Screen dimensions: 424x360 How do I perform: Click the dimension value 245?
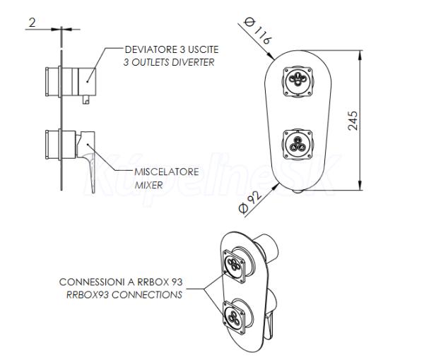353,121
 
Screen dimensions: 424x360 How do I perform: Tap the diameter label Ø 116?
257,30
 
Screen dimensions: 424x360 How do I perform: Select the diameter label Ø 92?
250,203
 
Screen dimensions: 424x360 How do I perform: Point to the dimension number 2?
32,23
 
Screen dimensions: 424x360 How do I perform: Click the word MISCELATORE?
167,172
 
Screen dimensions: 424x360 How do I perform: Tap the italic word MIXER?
148,185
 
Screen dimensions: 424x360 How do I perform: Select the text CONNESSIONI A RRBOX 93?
121,282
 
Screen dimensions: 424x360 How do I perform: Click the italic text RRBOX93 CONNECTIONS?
124,294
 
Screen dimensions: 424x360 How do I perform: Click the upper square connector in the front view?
298,82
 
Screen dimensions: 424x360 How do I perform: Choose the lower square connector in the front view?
298,144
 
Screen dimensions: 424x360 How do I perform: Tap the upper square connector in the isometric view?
234,266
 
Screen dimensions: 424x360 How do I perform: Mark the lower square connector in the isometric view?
234,318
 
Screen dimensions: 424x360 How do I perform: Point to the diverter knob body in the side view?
87,82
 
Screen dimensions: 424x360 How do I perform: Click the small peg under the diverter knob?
86,100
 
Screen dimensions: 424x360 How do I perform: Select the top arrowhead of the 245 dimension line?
360,55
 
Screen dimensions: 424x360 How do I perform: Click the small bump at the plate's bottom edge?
298,191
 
